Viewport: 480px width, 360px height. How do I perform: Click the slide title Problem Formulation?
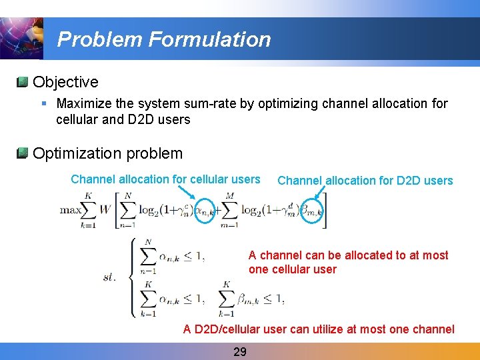(164, 39)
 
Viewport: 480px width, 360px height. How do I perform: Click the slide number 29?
(240, 351)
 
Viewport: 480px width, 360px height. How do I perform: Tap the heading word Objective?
(65, 82)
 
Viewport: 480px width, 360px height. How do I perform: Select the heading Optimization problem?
(107, 153)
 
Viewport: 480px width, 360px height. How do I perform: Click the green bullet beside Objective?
(23, 82)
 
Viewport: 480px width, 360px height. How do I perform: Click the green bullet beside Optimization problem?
(23, 153)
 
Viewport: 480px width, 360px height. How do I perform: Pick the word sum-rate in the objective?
(205, 103)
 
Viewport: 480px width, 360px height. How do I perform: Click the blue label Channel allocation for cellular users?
(165, 179)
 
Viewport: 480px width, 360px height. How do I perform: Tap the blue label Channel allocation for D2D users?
(365, 181)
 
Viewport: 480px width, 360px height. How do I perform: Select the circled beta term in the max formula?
(311, 211)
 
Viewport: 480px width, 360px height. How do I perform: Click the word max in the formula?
(71, 210)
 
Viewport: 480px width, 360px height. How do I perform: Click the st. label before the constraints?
(109, 277)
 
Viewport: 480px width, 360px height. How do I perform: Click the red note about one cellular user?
(348, 262)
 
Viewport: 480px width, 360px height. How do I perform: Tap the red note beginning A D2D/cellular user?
(319, 329)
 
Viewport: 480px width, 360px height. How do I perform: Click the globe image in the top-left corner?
(21, 37)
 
